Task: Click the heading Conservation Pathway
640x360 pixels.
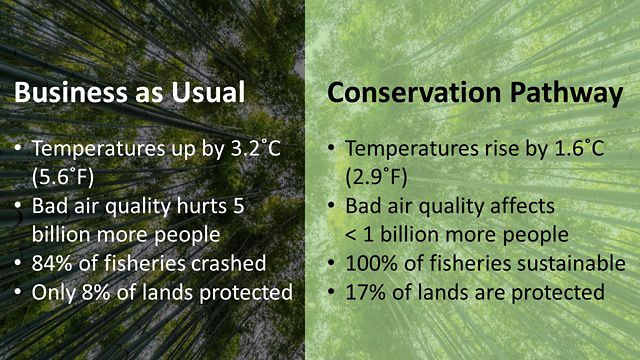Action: pos(476,93)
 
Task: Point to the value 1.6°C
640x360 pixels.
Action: pos(569,149)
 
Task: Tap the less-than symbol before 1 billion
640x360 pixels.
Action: pos(353,236)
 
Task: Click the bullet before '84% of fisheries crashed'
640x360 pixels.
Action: pos(19,265)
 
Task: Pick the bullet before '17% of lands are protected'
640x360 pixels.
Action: pos(331,293)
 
